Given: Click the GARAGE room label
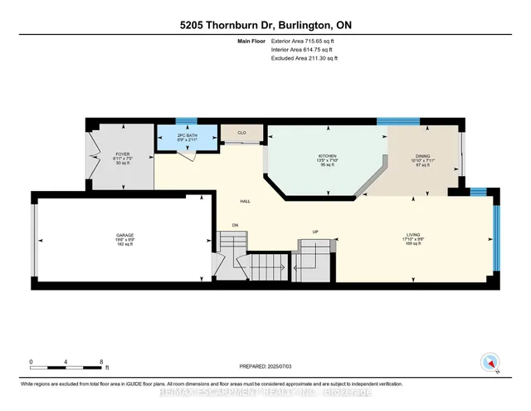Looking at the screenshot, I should click(x=125, y=236).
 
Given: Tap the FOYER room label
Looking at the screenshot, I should click(x=124, y=154).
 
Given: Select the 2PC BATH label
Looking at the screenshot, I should click(x=188, y=135).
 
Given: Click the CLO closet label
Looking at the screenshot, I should click(x=241, y=131).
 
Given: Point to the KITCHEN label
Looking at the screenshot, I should click(x=326, y=156).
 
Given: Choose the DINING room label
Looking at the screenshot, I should click(x=422, y=156).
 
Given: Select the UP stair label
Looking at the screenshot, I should click(x=314, y=232).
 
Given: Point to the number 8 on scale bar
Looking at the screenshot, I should click(x=101, y=362).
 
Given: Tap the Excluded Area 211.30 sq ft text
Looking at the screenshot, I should click(x=304, y=58).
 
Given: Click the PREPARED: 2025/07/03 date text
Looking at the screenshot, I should click(x=265, y=368).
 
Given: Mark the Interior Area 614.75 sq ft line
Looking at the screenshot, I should click(x=304, y=49).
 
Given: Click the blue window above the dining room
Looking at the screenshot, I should click(x=397, y=122).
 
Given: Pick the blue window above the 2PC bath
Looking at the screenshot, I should click(x=188, y=122).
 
